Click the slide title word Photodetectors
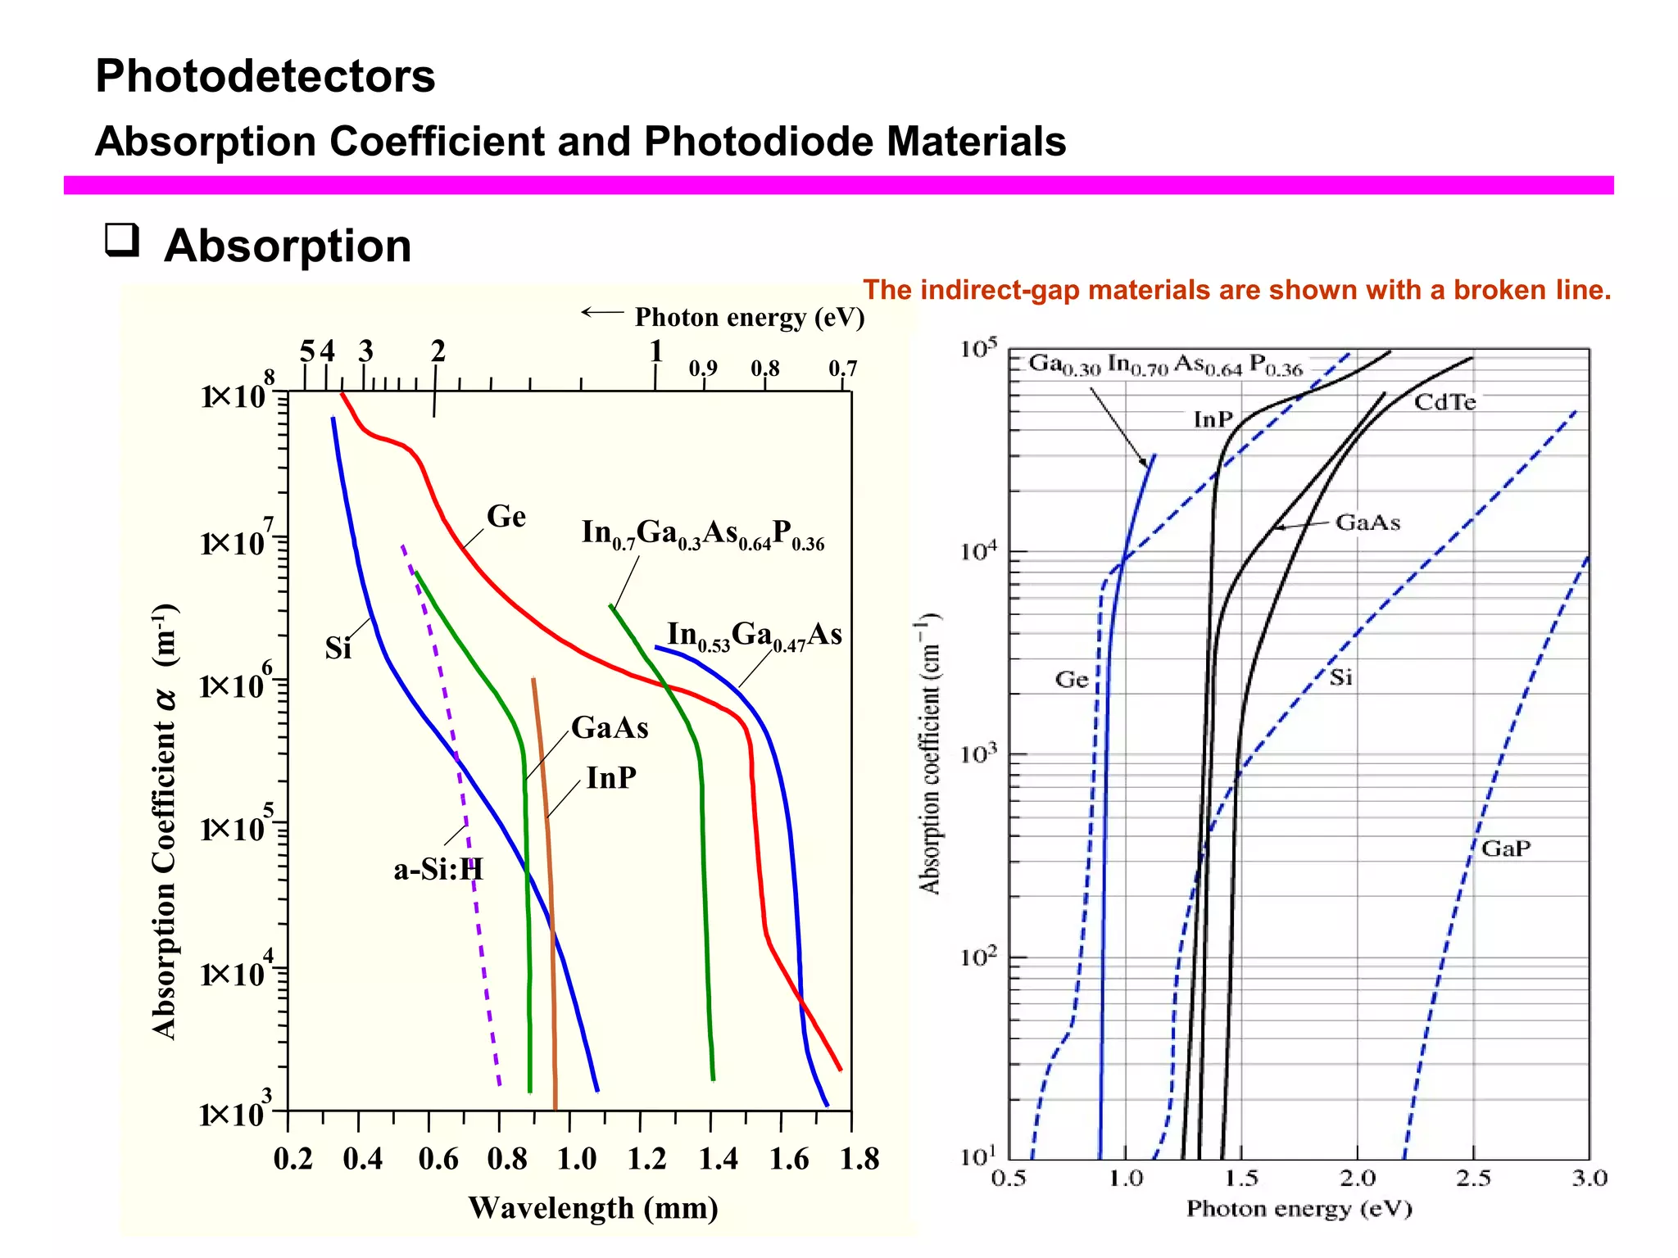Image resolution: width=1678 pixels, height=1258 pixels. [x=265, y=76]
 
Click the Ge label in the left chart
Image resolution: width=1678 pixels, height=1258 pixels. [x=506, y=517]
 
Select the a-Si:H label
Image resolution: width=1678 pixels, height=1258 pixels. [x=438, y=869]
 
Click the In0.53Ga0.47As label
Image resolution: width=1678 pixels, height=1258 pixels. [x=754, y=636]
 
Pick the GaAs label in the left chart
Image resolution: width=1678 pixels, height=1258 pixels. [x=609, y=728]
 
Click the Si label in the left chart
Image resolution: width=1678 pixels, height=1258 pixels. [x=338, y=649]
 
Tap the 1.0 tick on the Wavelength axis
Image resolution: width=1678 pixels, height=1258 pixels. [x=576, y=1160]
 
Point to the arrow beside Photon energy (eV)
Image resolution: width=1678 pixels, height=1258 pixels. [x=602, y=312]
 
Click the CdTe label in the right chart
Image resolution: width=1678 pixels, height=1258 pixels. [x=1444, y=402]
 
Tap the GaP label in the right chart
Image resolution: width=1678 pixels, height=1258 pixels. [x=1505, y=848]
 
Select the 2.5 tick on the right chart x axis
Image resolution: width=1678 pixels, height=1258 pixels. [x=1472, y=1179]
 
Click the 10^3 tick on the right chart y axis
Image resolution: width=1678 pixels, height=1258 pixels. [x=978, y=753]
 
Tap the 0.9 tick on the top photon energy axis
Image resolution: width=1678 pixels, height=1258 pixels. [x=702, y=369]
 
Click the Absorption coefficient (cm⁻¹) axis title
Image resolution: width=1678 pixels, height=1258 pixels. [x=928, y=753]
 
